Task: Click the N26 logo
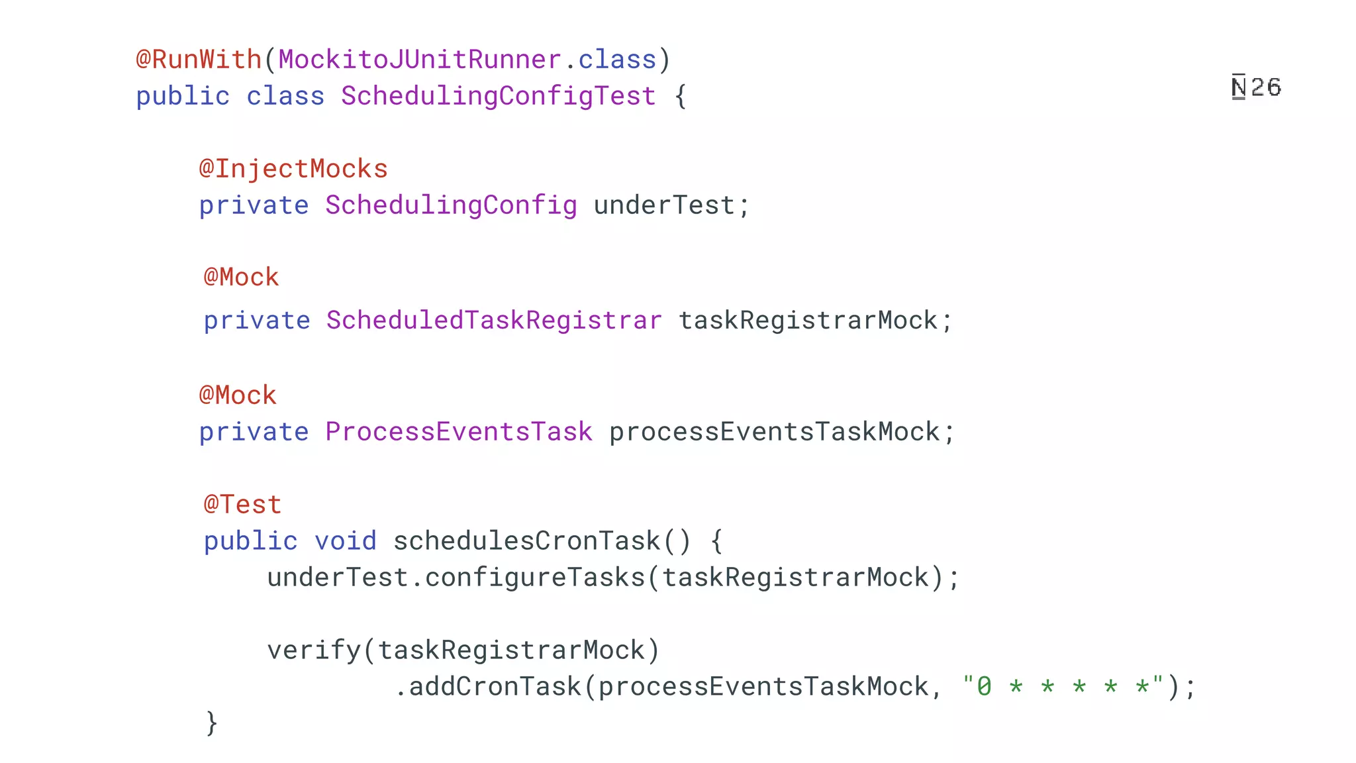[1256, 87]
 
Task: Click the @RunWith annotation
[199, 60]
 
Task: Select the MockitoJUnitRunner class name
[420, 60]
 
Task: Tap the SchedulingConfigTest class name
[498, 96]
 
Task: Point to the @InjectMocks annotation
[293, 169]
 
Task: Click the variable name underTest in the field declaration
[664, 205]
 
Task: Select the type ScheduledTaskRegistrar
[494, 321]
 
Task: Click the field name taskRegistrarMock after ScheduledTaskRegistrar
[808, 321]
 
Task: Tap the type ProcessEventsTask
[459, 432]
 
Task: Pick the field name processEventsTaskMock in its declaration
[775, 432]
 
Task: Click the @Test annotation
[242, 505]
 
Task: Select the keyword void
[346, 541]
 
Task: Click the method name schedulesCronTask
[527, 541]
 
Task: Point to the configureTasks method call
[535, 578]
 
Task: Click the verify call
[313, 650]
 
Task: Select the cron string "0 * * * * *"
[1063, 686]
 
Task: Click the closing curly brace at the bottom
[211, 723]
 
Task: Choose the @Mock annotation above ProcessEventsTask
[238, 395]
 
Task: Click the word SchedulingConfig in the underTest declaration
[451, 205]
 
